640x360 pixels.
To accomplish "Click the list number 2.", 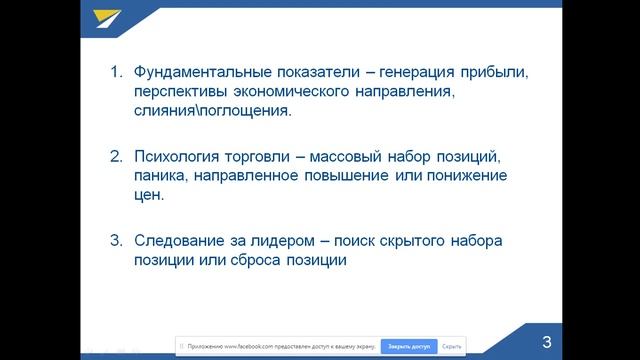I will point(115,157).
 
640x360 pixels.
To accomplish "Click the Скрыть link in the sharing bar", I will point(451,346).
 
